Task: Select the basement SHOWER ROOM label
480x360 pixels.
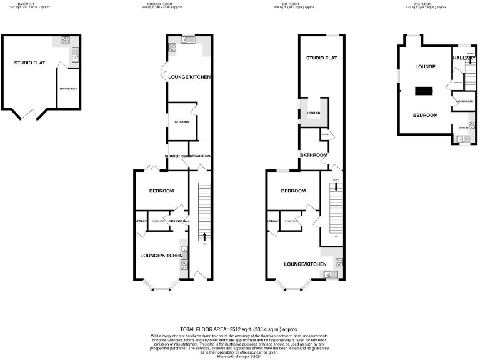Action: (68, 88)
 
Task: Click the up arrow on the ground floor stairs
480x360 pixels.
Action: (205, 236)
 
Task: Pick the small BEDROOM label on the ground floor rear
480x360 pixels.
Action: (182, 122)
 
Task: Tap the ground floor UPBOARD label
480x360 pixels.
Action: (141, 221)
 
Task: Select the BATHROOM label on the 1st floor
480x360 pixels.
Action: (314, 155)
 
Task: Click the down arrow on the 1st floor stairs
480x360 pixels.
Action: (336, 186)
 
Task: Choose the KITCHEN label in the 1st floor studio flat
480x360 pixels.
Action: (313, 112)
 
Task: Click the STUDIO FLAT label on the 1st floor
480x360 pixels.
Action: (321, 58)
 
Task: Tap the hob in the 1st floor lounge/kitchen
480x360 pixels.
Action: (339, 262)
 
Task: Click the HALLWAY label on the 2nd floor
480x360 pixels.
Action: (464, 58)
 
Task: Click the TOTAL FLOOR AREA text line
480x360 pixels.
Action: (239, 329)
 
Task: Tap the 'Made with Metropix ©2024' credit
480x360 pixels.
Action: (239, 356)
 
